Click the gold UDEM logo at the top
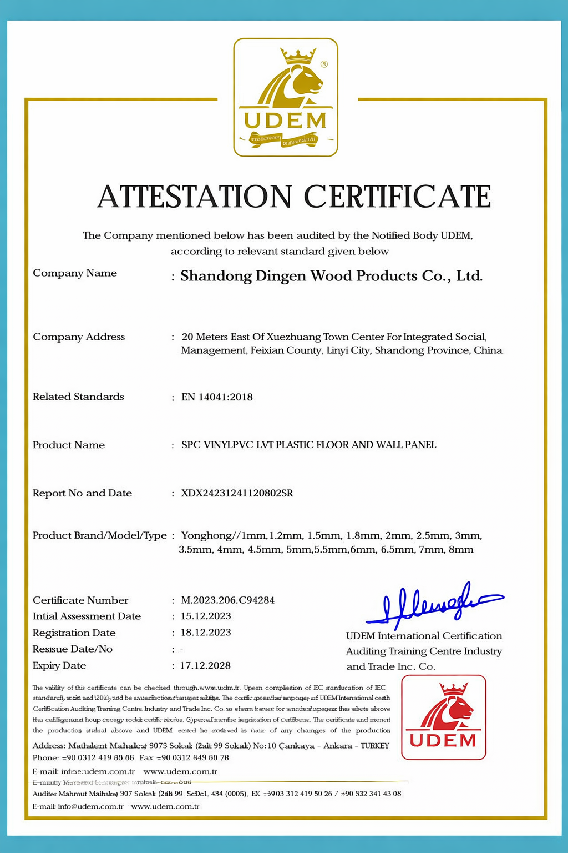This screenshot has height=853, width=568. click(285, 98)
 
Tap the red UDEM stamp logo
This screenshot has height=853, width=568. click(443, 717)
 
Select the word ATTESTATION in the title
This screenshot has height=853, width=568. click(194, 197)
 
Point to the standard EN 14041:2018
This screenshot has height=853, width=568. click(217, 397)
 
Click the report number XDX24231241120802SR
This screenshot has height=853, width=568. click(237, 493)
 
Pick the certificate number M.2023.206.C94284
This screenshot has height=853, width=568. click(227, 600)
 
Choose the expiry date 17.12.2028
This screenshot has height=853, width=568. click(205, 665)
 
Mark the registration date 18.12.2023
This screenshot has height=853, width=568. click(206, 633)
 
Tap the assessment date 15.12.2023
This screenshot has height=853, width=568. click(206, 616)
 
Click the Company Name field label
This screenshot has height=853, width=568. click(75, 273)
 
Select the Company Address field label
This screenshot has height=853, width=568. click(79, 337)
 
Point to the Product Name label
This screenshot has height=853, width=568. click(69, 445)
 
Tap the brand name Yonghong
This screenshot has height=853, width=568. click(206, 536)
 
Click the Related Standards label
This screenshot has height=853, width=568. click(78, 397)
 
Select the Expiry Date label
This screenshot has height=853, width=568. click(59, 666)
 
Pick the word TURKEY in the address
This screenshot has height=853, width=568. click(375, 746)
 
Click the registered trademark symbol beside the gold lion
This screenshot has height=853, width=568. click(324, 64)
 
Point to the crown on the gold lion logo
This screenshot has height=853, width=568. click(297, 55)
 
